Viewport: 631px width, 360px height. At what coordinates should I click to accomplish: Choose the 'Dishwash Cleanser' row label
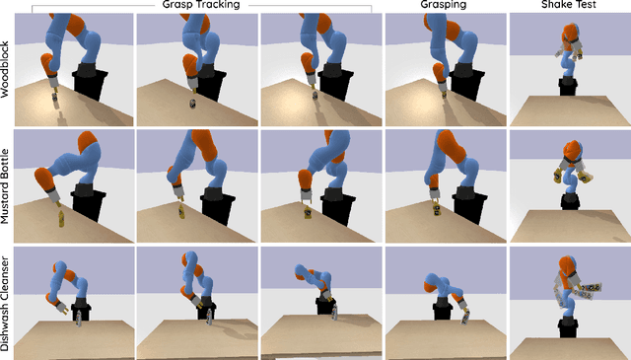pyautogui.click(x=6, y=301)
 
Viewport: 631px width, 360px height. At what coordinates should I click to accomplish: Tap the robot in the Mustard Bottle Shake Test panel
pyautogui.click(x=569, y=173)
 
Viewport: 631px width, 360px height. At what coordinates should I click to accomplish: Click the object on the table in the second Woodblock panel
pyautogui.click(x=192, y=103)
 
